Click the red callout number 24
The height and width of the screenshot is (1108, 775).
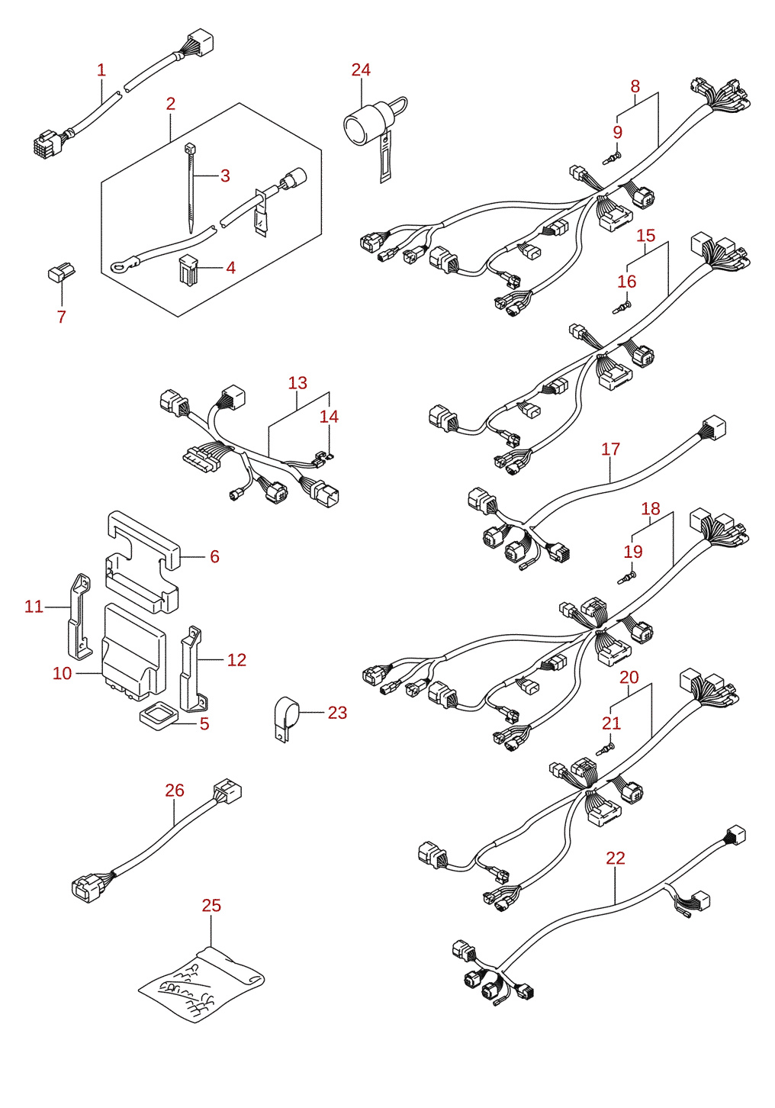[x=361, y=69]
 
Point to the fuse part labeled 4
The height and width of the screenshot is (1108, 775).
[x=187, y=268]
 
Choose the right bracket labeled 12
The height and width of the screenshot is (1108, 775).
[x=195, y=670]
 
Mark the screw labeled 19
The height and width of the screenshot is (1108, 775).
[x=626, y=577]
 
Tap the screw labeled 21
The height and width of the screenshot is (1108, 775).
[x=606, y=749]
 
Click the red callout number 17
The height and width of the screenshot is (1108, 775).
[x=610, y=449]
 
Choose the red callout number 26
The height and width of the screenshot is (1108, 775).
[x=175, y=791]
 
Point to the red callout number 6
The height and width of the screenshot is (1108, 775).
[x=214, y=556]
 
